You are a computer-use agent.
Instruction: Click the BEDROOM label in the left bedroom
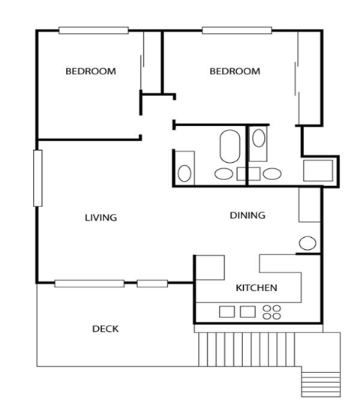click(x=91, y=72)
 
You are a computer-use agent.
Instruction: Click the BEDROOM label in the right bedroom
click(x=235, y=72)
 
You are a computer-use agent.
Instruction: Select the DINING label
click(x=247, y=216)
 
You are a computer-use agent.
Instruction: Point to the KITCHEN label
click(x=257, y=288)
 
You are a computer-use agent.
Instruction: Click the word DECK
click(x=106, y=329)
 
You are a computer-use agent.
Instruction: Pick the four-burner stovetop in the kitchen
click(x=272, y=311)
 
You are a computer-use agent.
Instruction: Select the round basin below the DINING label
click(x=307, y=243)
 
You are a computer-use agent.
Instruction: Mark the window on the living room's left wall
click(x=37, y=178)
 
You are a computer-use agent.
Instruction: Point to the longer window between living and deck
click(x=89, y=283)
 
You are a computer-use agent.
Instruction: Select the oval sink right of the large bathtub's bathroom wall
click(x=271, y=174)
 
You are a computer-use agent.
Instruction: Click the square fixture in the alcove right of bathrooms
click(x=317, y=170)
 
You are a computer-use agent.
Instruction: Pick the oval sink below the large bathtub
click(x=224, y=175)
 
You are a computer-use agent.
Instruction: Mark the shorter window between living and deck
click(x=153, y=283)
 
